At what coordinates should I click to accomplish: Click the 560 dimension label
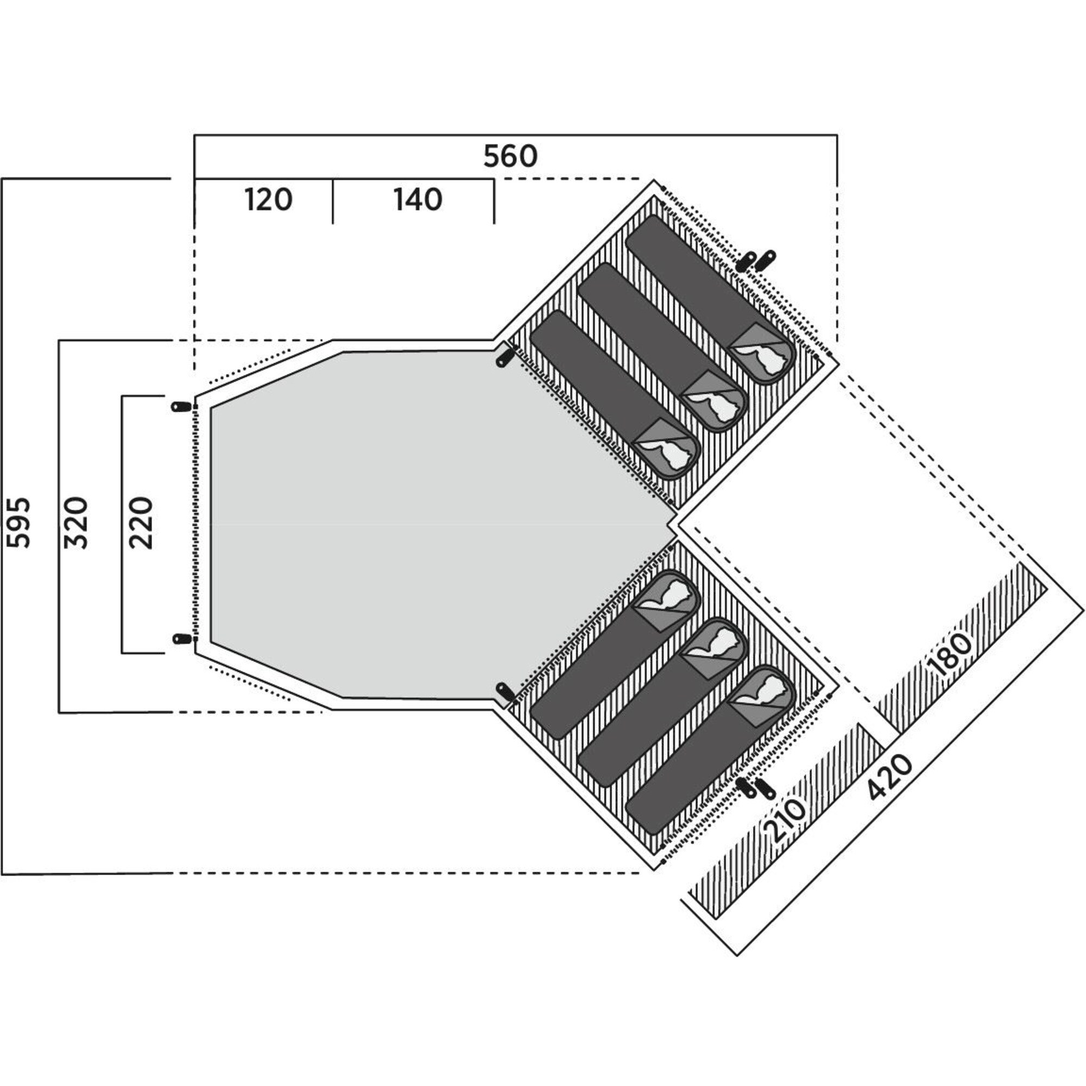510,156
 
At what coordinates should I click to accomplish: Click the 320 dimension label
76,523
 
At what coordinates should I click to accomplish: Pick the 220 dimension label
140,523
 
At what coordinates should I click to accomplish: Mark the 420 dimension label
889,778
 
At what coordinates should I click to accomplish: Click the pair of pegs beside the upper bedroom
756,261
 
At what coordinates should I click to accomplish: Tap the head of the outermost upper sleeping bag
763,353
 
